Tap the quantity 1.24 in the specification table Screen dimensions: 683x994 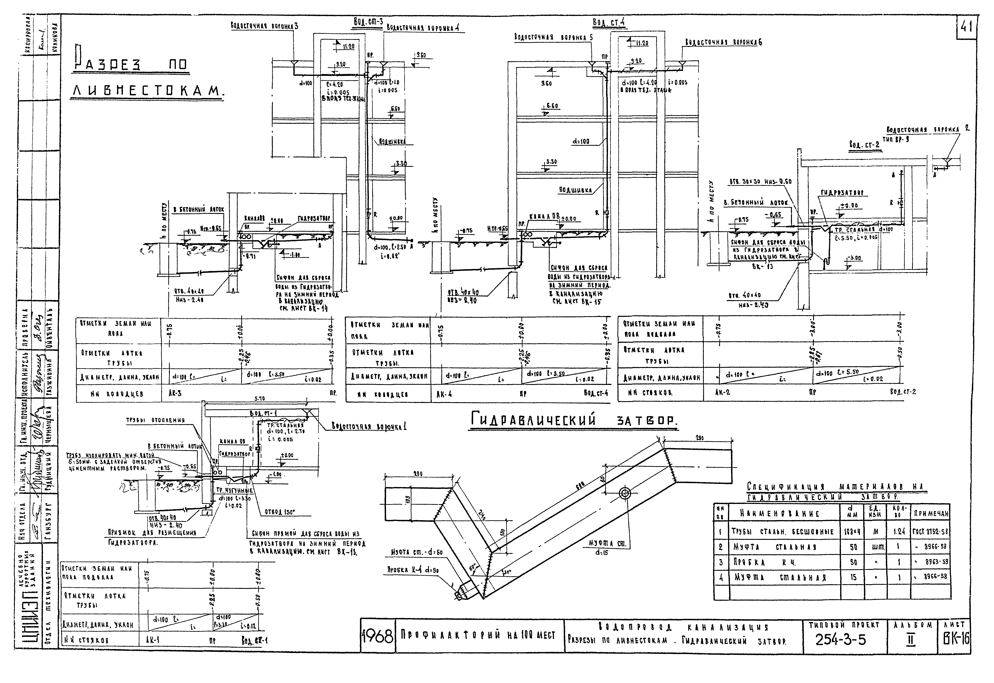coord(899,532)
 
